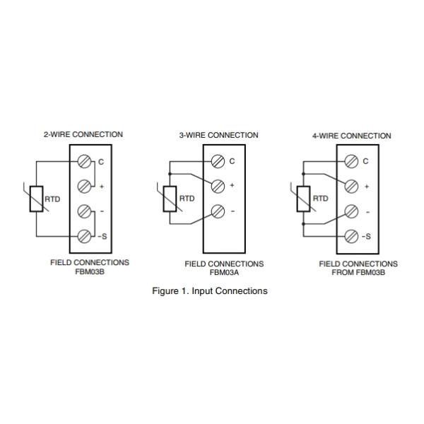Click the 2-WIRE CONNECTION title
83,134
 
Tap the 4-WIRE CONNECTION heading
351,136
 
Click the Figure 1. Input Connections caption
210,291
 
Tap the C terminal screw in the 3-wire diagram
219,161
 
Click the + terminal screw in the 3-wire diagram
219,186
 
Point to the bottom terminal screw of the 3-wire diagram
219,211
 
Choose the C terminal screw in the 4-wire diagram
351,161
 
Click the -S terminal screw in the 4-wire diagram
351,235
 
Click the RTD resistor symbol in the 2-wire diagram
35,199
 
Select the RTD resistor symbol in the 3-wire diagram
170,199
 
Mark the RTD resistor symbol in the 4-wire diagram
303,199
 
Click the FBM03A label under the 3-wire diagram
224,272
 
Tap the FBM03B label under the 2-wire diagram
90,271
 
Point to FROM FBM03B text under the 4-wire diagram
358,272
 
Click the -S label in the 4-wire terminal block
366,236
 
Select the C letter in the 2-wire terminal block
101,162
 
